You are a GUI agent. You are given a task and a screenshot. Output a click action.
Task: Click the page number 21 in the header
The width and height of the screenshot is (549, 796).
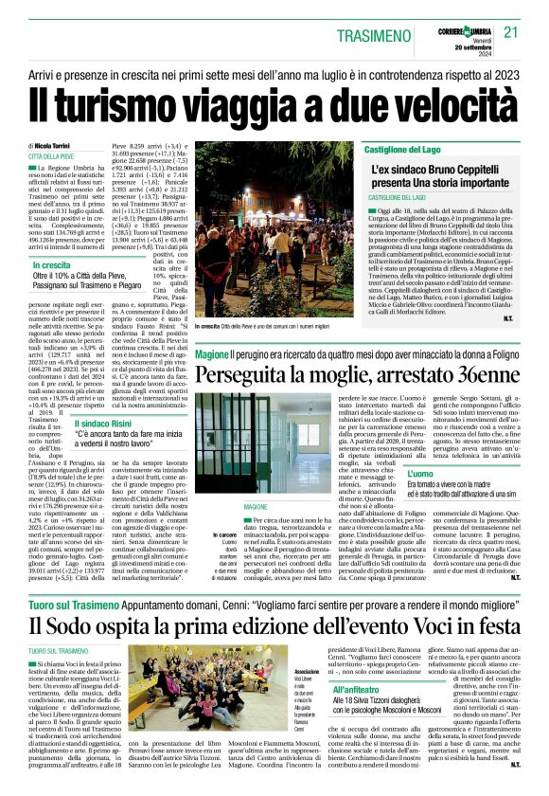[x=511, y=31]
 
